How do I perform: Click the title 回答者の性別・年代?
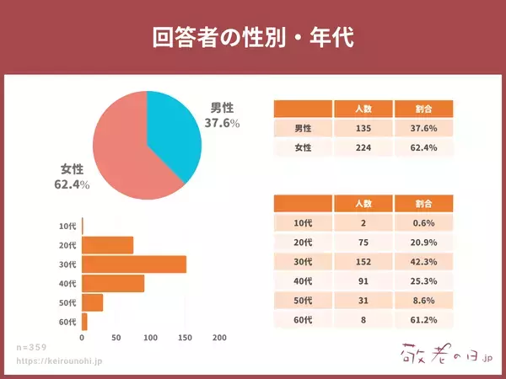[253, 37]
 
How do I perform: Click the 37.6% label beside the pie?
[222, 123]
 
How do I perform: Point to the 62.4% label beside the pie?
[72, 184]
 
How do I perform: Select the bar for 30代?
[134, 264]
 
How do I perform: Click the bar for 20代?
[108, 245]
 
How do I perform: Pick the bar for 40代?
[113, 283]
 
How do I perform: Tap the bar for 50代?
[93, 302]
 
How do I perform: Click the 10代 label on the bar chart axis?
[67, 227]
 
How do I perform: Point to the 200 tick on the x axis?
[219, 338]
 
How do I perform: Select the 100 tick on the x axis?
[151, 338]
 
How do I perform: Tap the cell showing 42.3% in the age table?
[423, 261]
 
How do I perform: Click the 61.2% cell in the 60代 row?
[423, 319]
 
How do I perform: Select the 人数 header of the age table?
[363, 204]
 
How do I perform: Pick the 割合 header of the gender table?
[423, 109]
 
